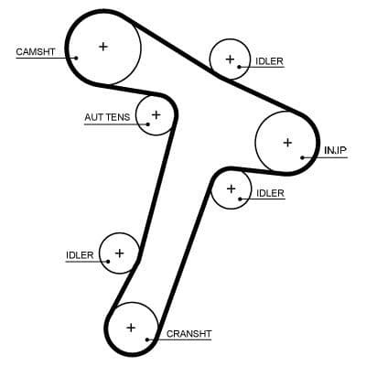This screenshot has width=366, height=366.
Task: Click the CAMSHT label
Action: [35, 51]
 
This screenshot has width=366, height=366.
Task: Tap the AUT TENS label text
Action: [107, 118]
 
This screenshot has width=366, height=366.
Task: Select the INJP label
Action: [335, 149]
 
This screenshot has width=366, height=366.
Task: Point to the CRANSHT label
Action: [188, 334]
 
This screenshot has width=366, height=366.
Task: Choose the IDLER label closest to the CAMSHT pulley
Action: [270, 61]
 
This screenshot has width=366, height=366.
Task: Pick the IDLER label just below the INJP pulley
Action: [271, 193]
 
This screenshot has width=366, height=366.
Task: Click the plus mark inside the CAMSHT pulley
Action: [102, 46]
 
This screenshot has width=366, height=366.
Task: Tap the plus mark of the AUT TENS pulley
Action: [156, 114]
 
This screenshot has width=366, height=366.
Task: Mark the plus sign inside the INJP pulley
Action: [287, 142]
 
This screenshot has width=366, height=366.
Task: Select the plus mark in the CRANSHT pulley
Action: [131, 327]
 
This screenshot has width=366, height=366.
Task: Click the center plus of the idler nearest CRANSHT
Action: [119, 252]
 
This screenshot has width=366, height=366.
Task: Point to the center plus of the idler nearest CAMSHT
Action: [228, 59]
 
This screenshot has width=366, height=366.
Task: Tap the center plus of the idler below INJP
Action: [231, 189]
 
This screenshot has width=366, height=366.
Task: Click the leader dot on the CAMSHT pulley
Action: [77, 57]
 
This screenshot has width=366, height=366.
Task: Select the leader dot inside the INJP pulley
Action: [303, 158]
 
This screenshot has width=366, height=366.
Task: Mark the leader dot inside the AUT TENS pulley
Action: [145, 118]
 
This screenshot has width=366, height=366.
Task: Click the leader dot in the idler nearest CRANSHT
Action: [107, 260]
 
